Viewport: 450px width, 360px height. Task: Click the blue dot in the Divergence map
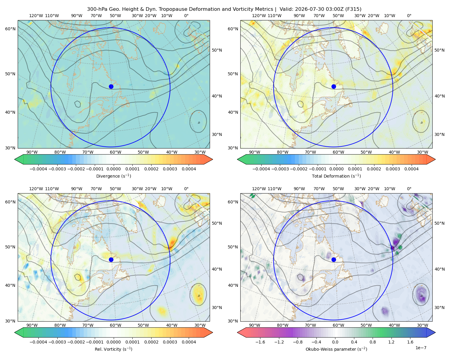[111, 86]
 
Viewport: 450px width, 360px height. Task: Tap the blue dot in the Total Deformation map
[334, 86]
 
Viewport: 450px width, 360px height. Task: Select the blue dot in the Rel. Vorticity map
[111, 259]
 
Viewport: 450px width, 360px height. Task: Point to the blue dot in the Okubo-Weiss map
[334, 259]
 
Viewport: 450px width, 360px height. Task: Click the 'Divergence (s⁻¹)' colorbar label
[113, 176]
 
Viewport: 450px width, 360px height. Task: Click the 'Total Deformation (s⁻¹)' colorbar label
[336, 176]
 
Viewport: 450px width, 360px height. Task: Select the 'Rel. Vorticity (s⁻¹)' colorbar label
[113, 349]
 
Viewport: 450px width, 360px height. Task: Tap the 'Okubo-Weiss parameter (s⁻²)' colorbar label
[336, 349]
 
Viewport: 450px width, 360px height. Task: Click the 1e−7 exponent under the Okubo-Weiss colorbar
[421, 348]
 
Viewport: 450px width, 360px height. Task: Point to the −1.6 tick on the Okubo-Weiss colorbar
[260, 342]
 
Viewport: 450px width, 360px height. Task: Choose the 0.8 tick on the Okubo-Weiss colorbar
[373, 342]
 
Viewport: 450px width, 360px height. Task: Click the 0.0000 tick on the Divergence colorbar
[113, 169]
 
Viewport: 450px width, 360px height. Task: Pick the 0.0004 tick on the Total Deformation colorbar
[412, 169]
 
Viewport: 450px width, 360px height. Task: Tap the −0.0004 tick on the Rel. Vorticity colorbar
[38, 342]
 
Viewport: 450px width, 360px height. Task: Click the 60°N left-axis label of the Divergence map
[10, 29]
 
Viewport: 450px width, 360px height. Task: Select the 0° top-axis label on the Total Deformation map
[409, 16]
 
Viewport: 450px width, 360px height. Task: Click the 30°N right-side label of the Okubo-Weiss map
[439, 307]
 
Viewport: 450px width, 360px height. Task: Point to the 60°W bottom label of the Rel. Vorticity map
[115, 325]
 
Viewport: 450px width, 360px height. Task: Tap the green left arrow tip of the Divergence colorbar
[15, 159]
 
